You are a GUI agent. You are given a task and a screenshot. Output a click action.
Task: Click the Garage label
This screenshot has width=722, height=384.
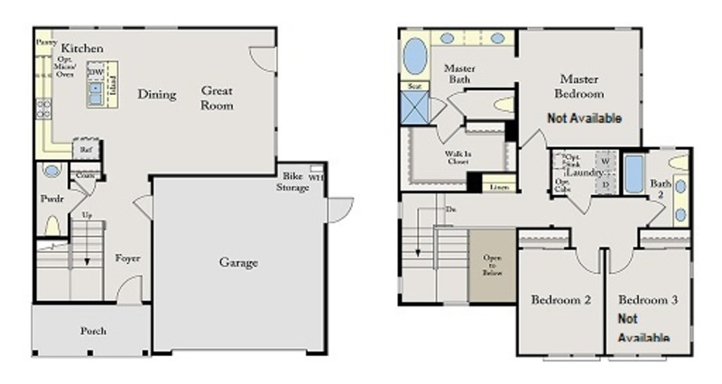coord(238,263)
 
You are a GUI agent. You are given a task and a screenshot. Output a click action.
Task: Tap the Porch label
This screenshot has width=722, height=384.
coord(92,332)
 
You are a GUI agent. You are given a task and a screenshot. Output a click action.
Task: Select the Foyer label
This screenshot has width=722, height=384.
coord(127,258)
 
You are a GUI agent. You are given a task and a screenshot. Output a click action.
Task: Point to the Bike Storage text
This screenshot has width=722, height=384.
coord(292,181)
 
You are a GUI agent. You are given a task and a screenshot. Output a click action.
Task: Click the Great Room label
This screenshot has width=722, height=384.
coord(218,98)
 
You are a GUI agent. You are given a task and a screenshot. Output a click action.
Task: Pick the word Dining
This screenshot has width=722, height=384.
coord(156,93)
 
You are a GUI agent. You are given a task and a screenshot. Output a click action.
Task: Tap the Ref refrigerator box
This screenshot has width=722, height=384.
coord(86,151)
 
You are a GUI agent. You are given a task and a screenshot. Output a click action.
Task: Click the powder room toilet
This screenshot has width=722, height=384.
coord(52,226)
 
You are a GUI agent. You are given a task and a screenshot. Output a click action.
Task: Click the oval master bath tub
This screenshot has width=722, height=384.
coord(414,57)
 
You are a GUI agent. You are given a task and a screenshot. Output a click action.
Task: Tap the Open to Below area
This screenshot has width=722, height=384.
coord(492,265)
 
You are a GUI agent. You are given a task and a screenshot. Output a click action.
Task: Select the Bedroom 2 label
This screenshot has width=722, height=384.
coord(560,300)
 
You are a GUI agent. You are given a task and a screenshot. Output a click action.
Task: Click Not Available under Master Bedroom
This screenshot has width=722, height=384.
coord(579,118)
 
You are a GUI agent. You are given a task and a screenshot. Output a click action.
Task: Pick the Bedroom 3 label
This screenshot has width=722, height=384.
coord(647,300)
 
